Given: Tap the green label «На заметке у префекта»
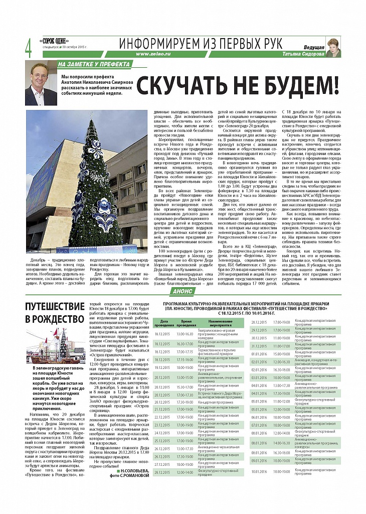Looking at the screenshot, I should point(94,64).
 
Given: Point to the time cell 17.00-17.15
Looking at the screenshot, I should point(185,351).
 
